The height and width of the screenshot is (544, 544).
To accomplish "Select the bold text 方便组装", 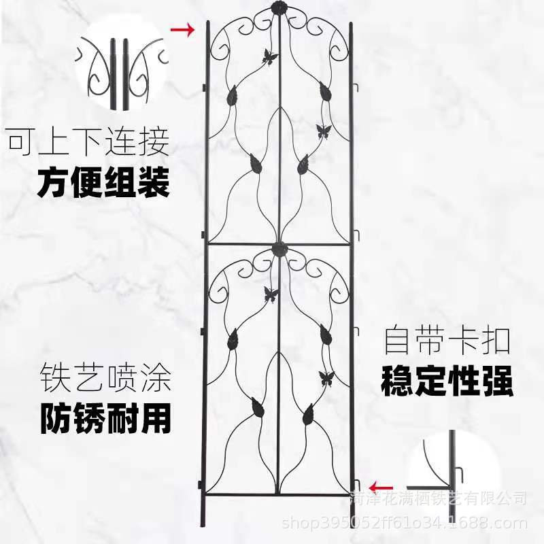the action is pyautogui.click(x=103, y=182).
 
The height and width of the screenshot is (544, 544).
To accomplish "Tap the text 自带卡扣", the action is pyautogui.click(x=447, y=340).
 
